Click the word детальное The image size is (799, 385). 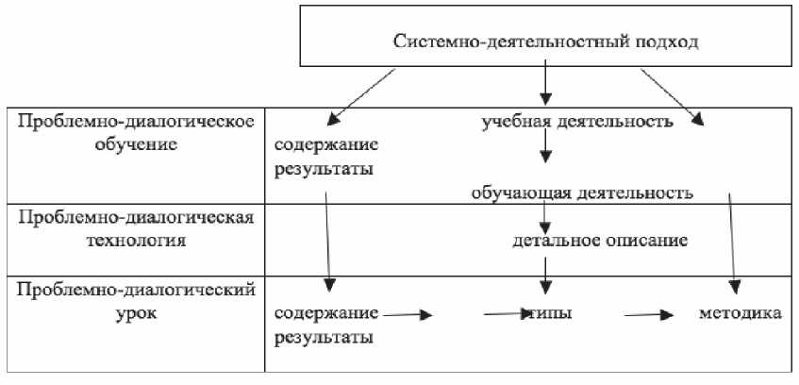552,240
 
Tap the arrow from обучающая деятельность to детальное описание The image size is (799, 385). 544,217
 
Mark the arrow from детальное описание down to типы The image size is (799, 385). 544,274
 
